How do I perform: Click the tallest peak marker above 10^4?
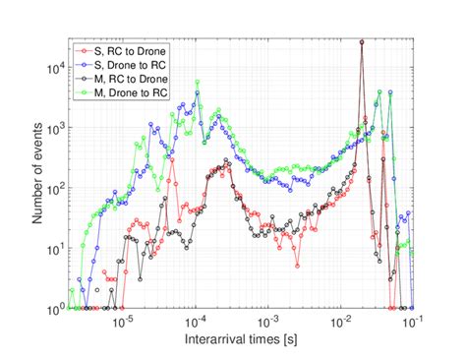pos(363,42)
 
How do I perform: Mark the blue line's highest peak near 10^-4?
pos(199,95)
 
